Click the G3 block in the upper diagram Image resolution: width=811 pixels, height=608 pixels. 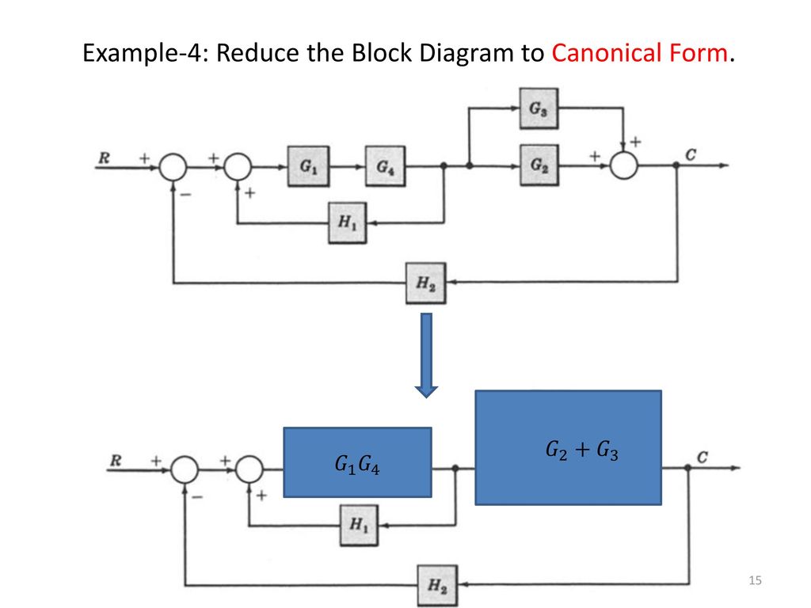click(x=539, y=108)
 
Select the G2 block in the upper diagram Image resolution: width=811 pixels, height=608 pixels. click(x=539, y=165)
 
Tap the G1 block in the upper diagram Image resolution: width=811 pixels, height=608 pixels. click(x=308, y=166)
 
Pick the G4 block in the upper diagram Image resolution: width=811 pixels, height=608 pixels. click(x=386, y=166)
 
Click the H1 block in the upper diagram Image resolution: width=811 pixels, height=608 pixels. click(x=348, y=222)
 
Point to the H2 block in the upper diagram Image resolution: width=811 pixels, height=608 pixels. click(x=425, y=283)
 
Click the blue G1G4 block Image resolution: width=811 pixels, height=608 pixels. click(x=357, y=462)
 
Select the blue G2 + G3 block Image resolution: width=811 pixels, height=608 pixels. click(x=569, y=448)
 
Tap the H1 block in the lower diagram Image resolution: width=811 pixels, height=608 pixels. click(x=359, y=526)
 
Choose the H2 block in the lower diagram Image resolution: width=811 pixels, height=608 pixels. click(x=437, y=586)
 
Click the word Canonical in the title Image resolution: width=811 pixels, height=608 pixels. click(x=606, y=53)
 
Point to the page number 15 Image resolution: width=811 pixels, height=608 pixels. click(x=755, y=580)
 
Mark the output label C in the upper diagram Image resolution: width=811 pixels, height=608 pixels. click(x=691, y=154)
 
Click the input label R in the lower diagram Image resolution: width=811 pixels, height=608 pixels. click(x=116, y=460)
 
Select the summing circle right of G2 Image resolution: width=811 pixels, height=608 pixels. click(x=624, y=165)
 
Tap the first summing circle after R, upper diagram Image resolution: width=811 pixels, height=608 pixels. click(x=173, y=166)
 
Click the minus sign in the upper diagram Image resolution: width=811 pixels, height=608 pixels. click(x=185, y=195)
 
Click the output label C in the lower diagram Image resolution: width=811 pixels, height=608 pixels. click(x=702, y=458)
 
